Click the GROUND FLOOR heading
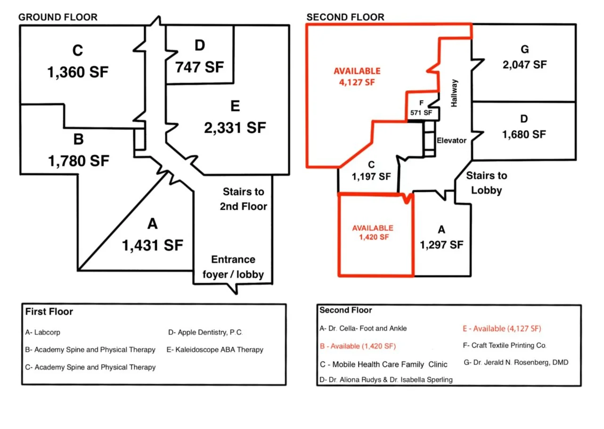[x=57, y=17]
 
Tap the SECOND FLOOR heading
[x=345, y=17]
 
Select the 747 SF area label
[x=200, y=67]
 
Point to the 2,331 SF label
[x=235, y=127]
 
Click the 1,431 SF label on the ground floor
[x=153, y=245]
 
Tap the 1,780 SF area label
[x=79, y=161]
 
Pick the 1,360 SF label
[x=78, y=72]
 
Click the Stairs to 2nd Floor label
[x=244, y=199]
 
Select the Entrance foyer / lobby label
[x=233, y=267]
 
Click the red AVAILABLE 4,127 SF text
[x=357, y=77]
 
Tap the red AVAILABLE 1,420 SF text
[x=373, y=232]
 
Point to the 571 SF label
[x=421, y=113]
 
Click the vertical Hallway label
[x=454, y=93]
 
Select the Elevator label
[x=451, y=141]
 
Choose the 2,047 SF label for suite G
[x=525, y=65]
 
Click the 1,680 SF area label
[x=524, y=135]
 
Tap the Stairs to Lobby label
[x=487, y=183]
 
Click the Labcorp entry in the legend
[x=43, y=333]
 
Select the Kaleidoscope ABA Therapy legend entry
[x=215, y=350]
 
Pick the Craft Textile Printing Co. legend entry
[x=505, y=345]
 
